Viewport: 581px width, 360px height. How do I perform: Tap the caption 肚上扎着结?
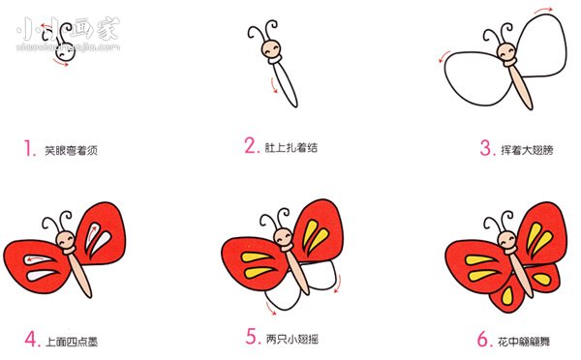coord(291,148)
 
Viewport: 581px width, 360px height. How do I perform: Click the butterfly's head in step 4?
coord(66,239)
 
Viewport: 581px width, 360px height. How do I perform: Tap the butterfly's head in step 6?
coord(505,238)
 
